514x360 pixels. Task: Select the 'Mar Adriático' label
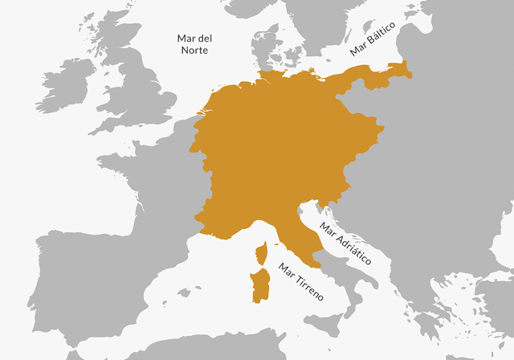345,244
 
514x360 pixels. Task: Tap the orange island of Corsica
261,256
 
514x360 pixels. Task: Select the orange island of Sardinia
260,284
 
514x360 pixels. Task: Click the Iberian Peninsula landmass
88,281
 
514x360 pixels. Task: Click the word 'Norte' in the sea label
194,50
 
